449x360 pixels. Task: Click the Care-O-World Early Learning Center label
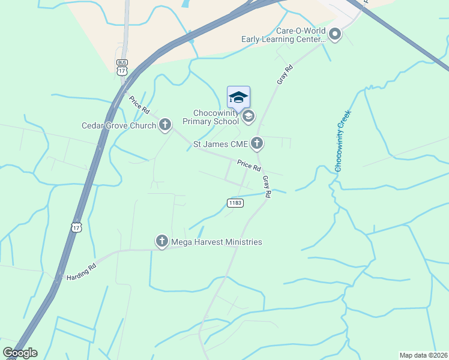(283, 35)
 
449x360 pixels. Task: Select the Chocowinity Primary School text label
(215, 117)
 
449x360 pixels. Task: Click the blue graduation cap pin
(238, 97)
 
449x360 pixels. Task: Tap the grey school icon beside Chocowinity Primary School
(248, 116)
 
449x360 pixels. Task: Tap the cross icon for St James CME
(257, 143)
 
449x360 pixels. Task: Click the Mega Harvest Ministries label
(217, 242)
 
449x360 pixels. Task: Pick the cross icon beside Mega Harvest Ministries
(161, 241)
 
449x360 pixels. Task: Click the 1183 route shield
(235, 203)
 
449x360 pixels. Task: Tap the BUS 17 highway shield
(122, 67)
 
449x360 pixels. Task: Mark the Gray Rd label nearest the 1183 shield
(266, 186)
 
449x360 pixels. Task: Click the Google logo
(20, 353)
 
